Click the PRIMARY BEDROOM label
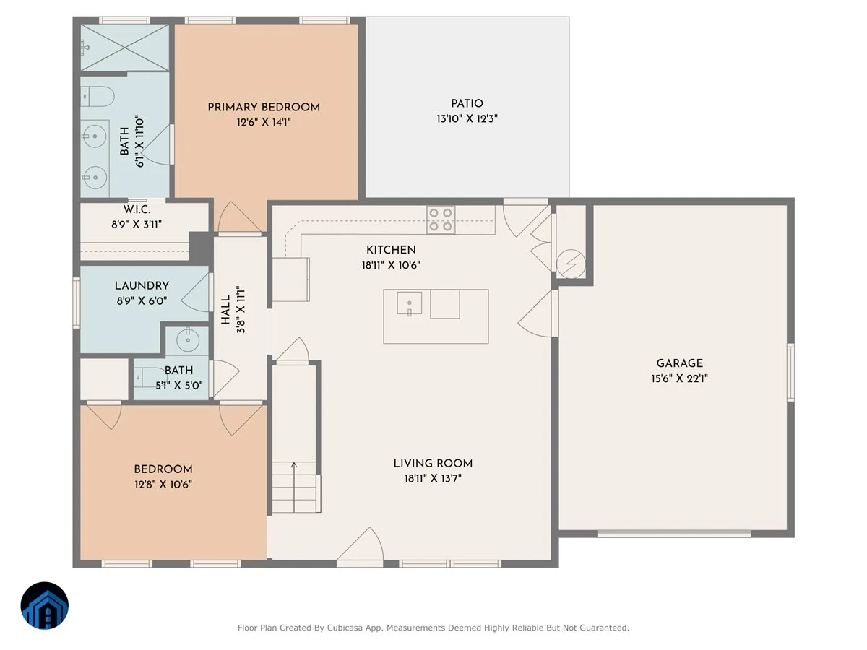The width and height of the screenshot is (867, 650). [264, 107]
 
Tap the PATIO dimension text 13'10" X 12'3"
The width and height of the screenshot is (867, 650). [467, 118]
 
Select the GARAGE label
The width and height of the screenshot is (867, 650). [679, 363]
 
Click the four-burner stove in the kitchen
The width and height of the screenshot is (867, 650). [441, 220]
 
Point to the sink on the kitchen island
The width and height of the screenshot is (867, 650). [409, 303]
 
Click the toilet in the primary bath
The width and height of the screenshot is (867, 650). [98, 96]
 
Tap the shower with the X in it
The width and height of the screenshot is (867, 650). [125, 48]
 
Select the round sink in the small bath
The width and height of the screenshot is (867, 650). [188, 339]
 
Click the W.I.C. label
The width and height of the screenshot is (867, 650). [137, 209]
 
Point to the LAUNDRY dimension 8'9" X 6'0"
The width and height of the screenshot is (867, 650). [142, 301]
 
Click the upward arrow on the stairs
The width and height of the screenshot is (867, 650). [294, 487]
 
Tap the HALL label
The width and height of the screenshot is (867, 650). [225, 310]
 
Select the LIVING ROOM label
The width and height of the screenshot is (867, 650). [433, 464]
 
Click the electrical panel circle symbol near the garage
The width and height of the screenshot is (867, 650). [571, 264]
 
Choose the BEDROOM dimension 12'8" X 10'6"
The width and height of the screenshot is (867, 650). [163, 484]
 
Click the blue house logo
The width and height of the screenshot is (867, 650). [45, 605]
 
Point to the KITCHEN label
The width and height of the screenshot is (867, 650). [391, 250]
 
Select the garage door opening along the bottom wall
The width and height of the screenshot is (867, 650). [674, 534]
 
